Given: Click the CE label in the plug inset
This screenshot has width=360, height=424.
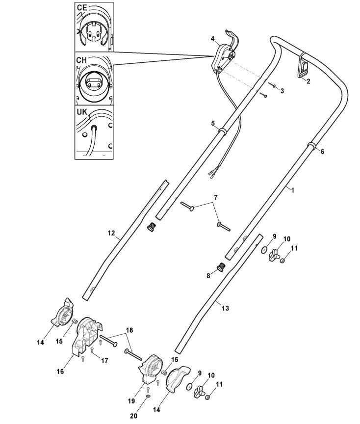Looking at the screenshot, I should [83, 9].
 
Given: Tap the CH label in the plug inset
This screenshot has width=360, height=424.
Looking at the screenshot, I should [82, 59].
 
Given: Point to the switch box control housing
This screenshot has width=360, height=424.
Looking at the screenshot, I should [224, 57].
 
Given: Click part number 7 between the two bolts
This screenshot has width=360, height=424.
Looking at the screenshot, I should [214, 198].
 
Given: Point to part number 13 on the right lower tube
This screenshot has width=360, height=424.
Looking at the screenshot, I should [225, 308].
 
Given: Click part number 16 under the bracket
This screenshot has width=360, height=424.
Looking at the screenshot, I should [60, 371].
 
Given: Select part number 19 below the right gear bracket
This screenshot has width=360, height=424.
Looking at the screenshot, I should [132, 400].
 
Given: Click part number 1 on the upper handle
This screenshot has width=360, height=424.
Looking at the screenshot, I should [293, 189].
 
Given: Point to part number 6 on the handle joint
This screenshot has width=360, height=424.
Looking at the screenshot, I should [322, 152].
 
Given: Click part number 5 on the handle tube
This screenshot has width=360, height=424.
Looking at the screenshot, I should [213, 124].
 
